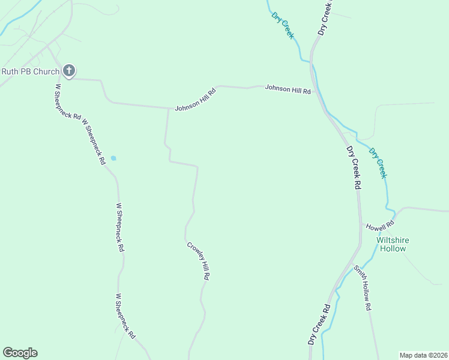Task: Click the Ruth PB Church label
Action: [31, 72]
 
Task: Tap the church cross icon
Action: [69, 71]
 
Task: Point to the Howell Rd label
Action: [380, 226]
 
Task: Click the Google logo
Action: [20, 353]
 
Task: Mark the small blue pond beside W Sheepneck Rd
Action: [113, 158]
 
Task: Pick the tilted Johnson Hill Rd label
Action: [196, 100]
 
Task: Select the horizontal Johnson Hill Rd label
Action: [289, 91]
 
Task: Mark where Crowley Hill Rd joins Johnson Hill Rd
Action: [167, 109]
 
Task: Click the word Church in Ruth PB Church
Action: [47, 72]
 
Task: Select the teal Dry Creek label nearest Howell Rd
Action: [378, 163]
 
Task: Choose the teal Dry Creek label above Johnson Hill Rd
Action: [283, 25]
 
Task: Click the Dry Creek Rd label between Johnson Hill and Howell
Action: [352, 167]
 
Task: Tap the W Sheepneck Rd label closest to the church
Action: [67, 101]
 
